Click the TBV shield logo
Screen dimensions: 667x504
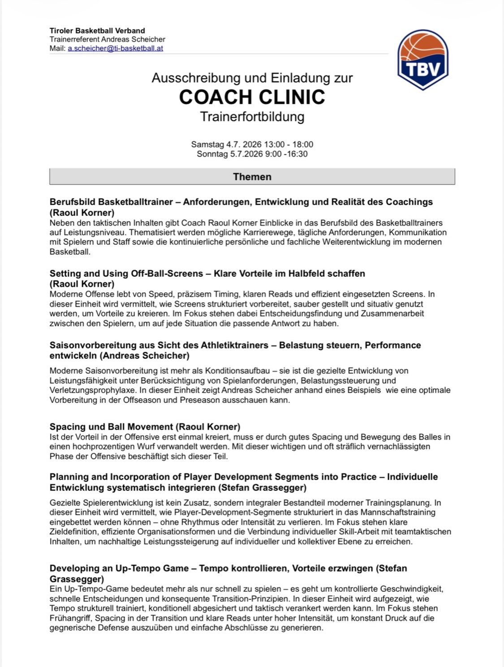[422, 60]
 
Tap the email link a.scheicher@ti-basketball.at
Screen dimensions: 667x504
[115, 48]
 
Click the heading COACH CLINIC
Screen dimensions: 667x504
[252, 97]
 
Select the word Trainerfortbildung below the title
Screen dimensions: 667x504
[252, 117]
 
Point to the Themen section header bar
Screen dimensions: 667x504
[252, 177]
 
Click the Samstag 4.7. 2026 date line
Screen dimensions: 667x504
[252, 144]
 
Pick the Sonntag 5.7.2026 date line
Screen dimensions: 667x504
[252, 154]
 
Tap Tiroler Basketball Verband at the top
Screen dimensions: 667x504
[97, 31]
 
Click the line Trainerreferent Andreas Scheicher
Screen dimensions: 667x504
[108, 39]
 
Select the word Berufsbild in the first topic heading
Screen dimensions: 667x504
[72, 202]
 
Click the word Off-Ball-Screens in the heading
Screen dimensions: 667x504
[167, 274]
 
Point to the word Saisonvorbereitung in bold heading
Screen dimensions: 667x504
[94, 345]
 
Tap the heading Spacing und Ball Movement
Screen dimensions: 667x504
[145, 427]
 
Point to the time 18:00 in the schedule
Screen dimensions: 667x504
[303, 144]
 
